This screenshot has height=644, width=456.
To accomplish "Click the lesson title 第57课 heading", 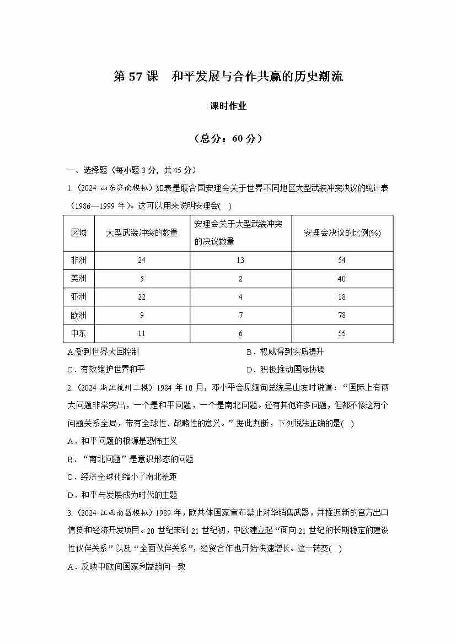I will pyautogui.click(x=228, y=77).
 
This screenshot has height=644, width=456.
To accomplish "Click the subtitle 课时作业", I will pyautogui.click(x=228, y=106).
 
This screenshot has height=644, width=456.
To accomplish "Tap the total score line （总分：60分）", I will pyautogui.click(x=228, y=139).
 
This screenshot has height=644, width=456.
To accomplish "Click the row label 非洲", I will pyautogui.click(x=79, y=260).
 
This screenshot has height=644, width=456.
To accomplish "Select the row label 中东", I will pyautogui.click(x=79, y=333).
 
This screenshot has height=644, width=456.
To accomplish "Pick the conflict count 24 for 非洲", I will pyautogui.click(x=142, y=260).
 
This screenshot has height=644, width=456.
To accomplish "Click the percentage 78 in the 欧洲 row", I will pyautogui.click(x=342, y=315).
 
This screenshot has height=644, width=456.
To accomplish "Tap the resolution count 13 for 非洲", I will pyautogui.click(x=240, y=260).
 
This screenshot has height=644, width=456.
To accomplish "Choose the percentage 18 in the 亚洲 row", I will pyautogui.click(x=342, y=297).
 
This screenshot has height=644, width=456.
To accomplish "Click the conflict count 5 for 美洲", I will pyautogui.click(x=142, y=279).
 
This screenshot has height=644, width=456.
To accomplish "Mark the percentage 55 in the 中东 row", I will pyautogui.click(x=342, y=333).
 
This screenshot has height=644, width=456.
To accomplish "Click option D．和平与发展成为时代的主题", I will pyautogui.click(x=122, y=495).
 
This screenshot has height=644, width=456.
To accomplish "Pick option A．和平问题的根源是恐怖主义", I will pyautogui.click(x=122, y=441).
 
